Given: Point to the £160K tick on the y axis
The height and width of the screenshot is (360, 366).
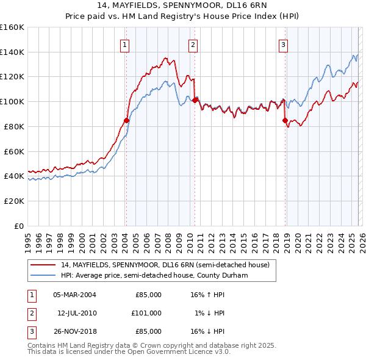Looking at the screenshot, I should pyautogui.click(x=12, y=27).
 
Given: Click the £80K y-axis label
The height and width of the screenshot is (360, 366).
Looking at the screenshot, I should pyautogui.click(x=14, y=126).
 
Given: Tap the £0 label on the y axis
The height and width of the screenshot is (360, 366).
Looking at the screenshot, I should pyautogui.click(x=20, y=226).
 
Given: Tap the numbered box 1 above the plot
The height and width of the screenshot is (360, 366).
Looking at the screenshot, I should pyautogui.click(x=124, y=44).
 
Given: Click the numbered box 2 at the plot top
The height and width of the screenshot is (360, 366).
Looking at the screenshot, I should pyautogui.click(x=193, y=44).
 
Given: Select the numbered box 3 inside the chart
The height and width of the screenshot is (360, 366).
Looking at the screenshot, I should pyautogui.click(x=284, y=44).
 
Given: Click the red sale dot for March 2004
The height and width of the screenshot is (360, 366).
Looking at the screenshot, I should pyautogui.click(x=126, y=120).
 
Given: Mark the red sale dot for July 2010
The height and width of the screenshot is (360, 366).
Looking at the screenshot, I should pyautogui.click(x=195, y=100).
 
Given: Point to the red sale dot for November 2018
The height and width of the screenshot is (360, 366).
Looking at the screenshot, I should pyautogui.click(x=285, y=120).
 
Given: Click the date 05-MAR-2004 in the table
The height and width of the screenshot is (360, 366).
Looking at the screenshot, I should pyautogui.click(x=74, y=295).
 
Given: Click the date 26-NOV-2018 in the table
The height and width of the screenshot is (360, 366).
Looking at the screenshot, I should pyautogui.click(x=74, y=331).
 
